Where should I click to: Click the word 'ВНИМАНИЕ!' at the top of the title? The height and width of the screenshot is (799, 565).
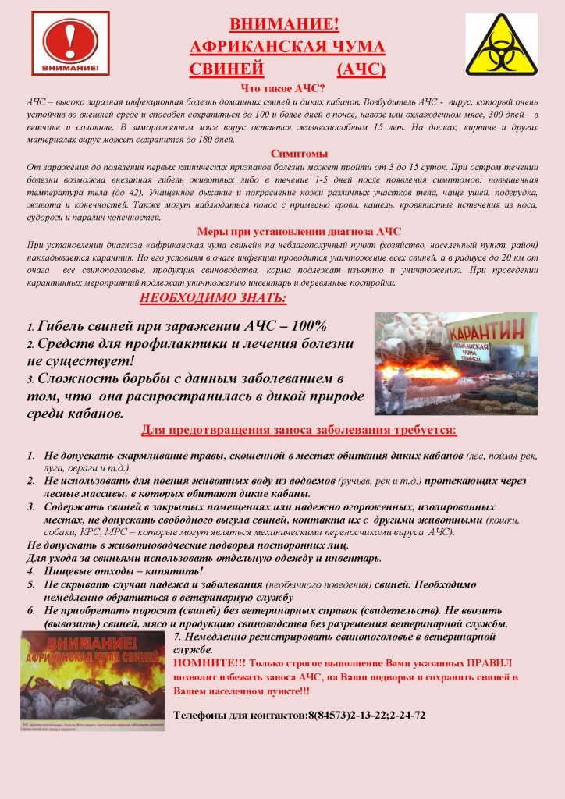(284, 26)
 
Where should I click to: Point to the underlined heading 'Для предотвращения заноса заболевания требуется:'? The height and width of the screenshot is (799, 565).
(298, 431)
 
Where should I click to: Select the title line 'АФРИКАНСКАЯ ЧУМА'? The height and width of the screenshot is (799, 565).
(287, 48)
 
